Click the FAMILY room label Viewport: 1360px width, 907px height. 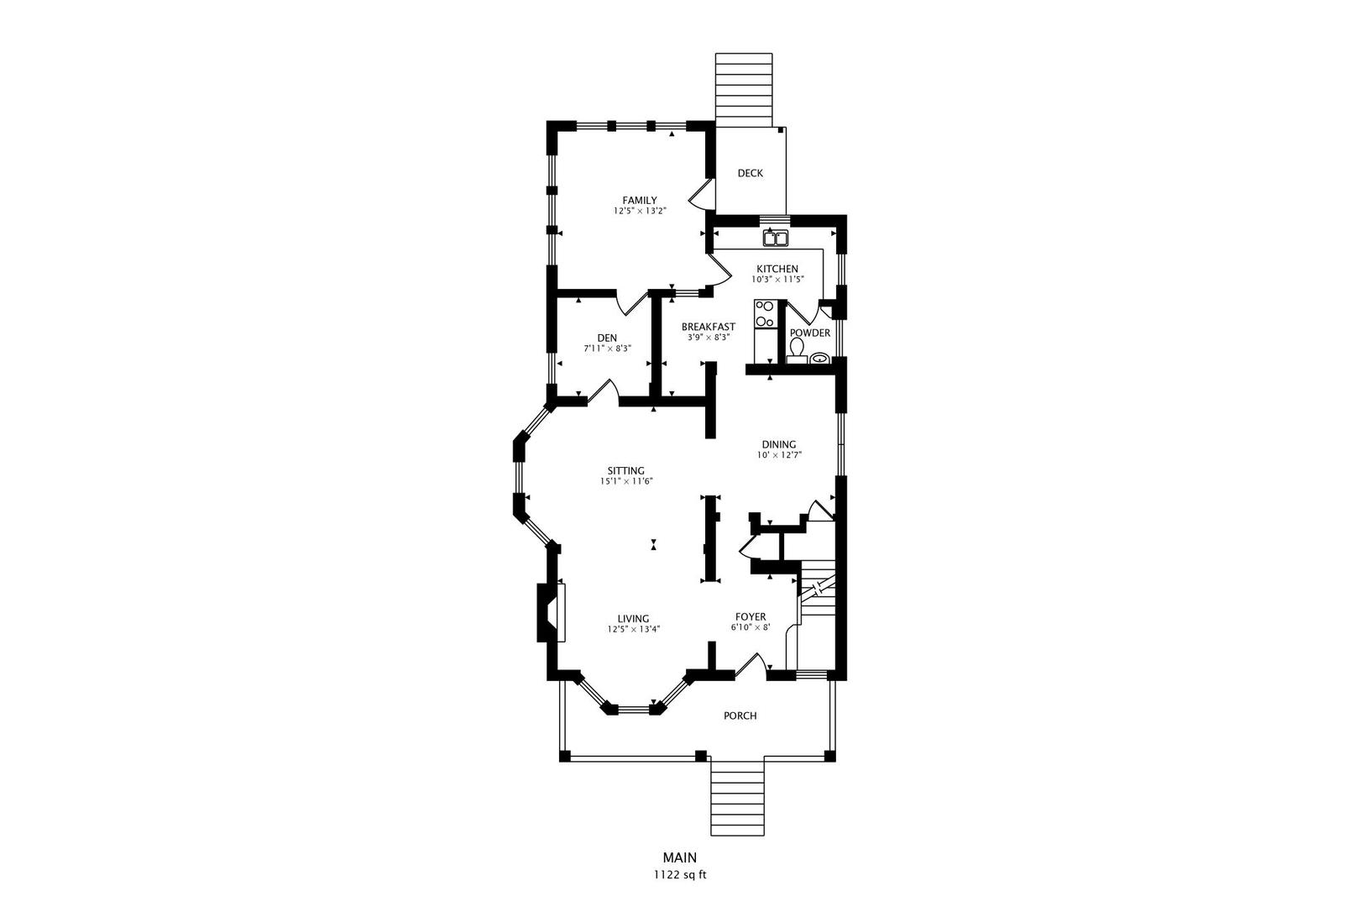tap(640, 201)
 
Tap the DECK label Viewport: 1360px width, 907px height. tap(750, 173)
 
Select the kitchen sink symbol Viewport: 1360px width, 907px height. tap(776, 239)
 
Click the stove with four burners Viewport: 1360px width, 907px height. tap(765, 314)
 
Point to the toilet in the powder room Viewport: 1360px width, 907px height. tap(797, 351)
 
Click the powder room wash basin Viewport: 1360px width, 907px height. tap(819, 358)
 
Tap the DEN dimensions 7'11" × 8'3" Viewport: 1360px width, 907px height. tap(607, 349)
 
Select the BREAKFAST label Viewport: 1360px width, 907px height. tap(708, 327)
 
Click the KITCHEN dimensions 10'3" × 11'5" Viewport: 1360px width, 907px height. tap(777, 280)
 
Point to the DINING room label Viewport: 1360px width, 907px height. tap(779, 445)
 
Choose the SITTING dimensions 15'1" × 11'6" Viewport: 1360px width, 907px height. tap(626, 481)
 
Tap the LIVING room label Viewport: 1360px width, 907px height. tap(633, 619)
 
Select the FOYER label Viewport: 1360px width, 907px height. tap(751, 617)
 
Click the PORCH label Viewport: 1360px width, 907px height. tap(740, 716)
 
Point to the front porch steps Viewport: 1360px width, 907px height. tap(737, 799)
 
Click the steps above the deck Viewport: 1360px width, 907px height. tap(744, 90)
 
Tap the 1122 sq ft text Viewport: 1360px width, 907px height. tap(680, 875)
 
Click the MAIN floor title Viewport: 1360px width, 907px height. tap(680, 857)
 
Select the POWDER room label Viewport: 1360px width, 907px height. tap(810, 333)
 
